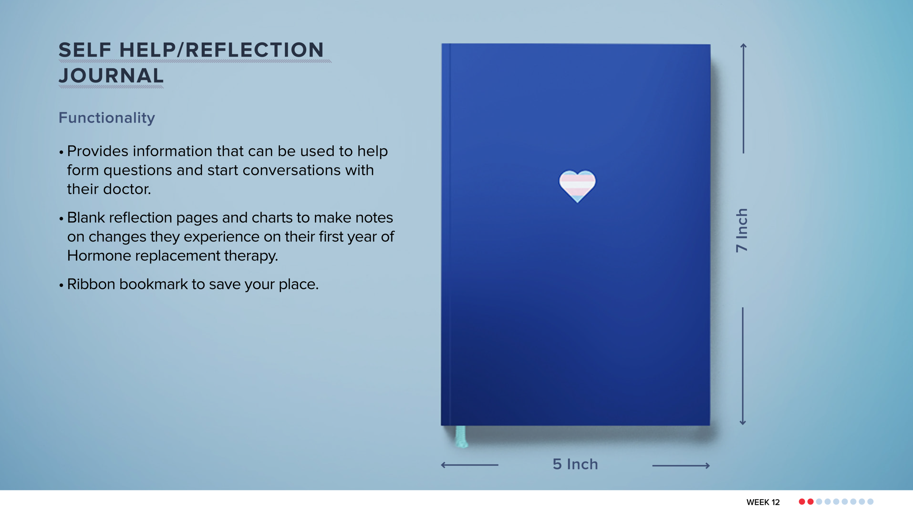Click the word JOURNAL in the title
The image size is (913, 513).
point(111,76)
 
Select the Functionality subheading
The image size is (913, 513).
point(107,118)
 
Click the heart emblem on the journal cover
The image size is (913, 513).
point(577,185)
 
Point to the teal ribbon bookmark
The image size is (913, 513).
point(461,436)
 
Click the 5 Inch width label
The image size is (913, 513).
point(575,464)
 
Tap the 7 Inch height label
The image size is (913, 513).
point(742,230)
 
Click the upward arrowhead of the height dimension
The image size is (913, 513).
point(743,46)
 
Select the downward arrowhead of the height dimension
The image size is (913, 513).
point(742,423)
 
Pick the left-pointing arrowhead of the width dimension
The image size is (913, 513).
point(443,465)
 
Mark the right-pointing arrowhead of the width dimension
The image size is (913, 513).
point(708,466)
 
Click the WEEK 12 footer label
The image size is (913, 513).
point(763,502)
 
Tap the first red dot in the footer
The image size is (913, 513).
point(802,502)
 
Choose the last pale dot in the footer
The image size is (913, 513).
point(870,502)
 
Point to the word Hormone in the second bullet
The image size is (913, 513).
point(99,256)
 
